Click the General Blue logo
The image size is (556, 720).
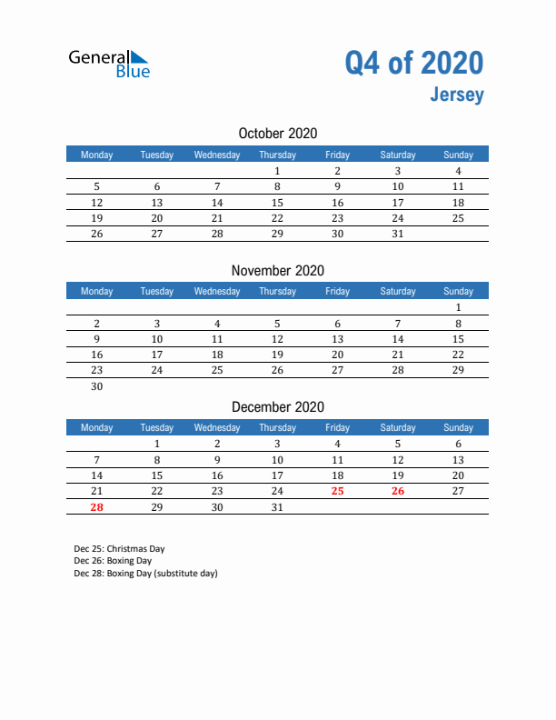109,64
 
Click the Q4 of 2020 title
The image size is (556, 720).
413,63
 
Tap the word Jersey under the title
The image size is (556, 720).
458,95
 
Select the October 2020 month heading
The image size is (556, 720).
278,134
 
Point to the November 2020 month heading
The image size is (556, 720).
278,270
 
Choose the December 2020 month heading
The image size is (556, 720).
278,407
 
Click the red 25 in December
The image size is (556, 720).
337,491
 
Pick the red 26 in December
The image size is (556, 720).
397,491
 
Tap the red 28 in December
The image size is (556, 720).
97,507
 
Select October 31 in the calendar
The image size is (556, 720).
397,234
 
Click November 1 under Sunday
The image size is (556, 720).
458,307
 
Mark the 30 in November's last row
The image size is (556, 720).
97,386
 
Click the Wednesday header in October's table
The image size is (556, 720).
217,155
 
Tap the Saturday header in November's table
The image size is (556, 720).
397,291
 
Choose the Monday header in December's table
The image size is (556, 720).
97,427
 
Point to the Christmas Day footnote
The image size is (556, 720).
119,549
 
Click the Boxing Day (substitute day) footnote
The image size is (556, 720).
145,574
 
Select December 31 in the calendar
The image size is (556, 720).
277,507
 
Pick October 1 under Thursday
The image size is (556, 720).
277,171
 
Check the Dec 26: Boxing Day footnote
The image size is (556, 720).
113,561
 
